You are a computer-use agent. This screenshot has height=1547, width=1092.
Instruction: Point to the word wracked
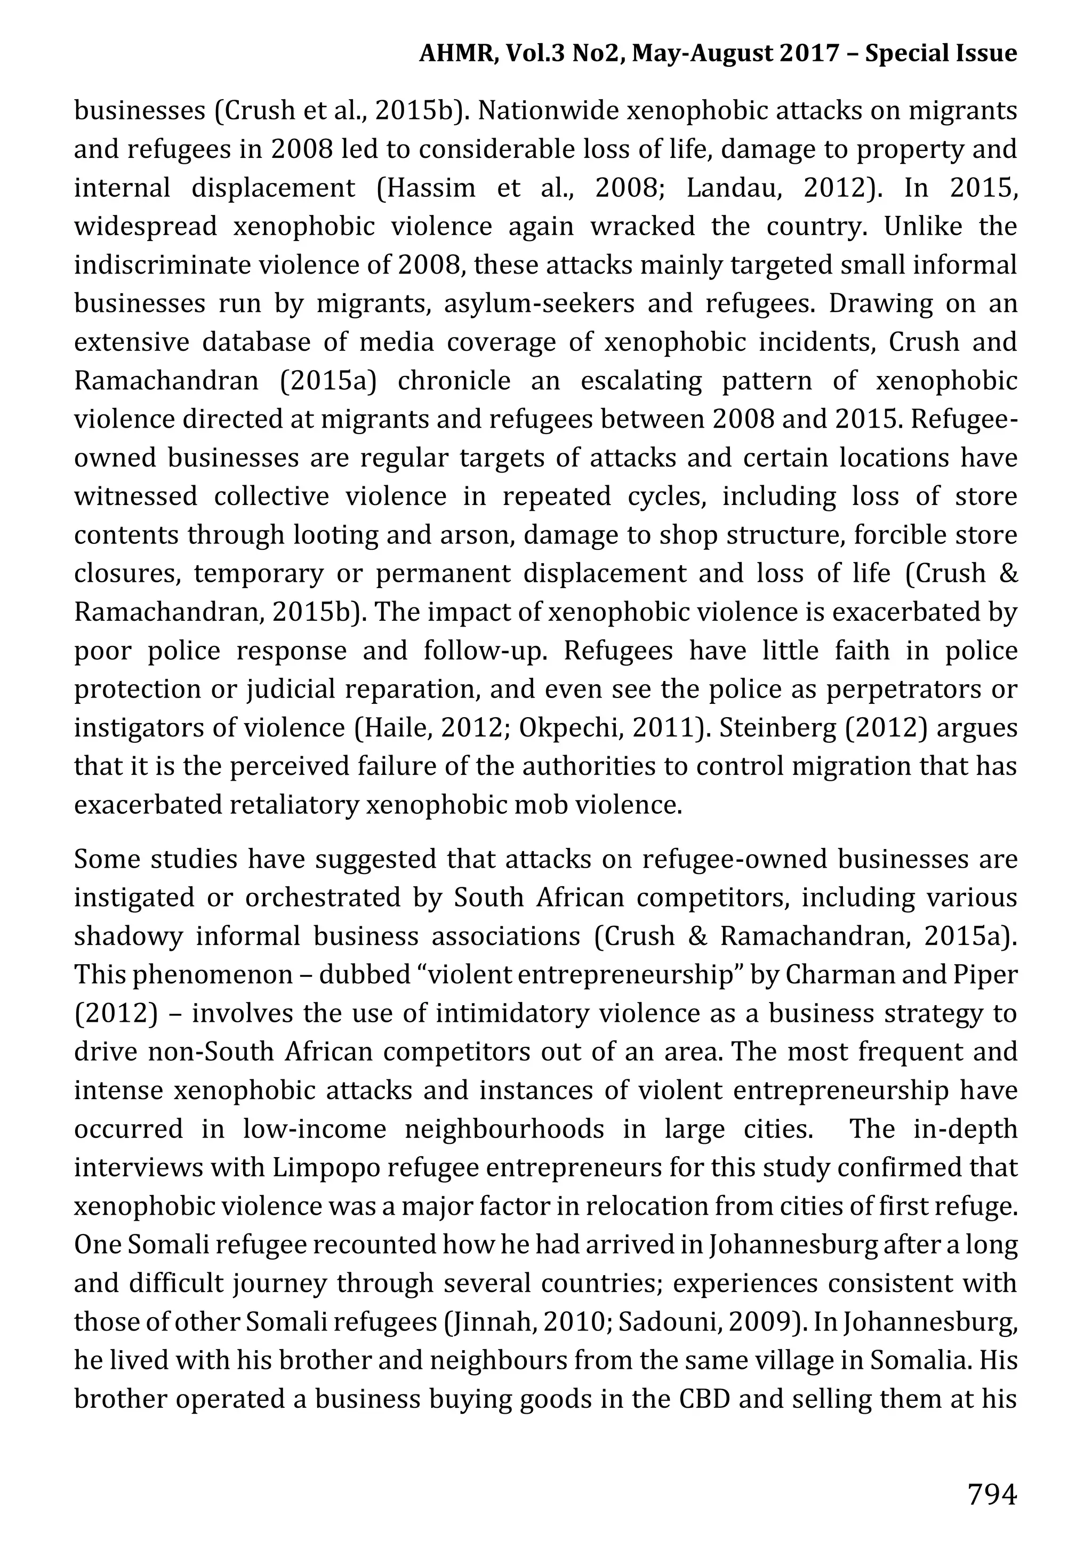tap(643, 227)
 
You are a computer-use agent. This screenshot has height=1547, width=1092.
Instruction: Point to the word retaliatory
tap(293, 805)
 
